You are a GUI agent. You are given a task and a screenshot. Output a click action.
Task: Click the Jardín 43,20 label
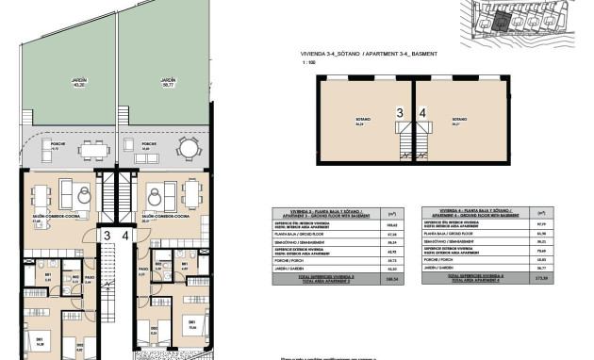[x=78, y=83]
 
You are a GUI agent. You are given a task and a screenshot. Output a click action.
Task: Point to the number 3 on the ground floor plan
[x=107, y=236]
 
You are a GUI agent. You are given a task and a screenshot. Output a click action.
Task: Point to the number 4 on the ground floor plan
[x=125, y=236]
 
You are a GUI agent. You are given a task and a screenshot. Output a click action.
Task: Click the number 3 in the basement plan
[x=400, y=113]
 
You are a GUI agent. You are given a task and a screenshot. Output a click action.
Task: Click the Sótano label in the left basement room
[x=360, y=121]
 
